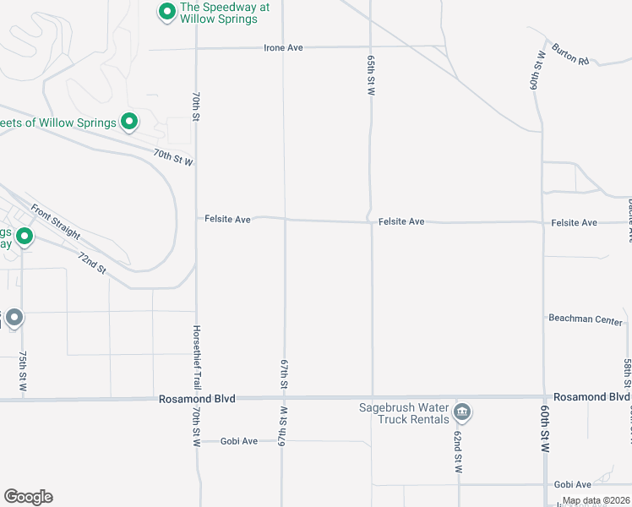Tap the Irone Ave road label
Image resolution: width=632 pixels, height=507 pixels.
coord(283,48)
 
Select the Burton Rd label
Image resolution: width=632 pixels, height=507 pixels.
coord(570,53)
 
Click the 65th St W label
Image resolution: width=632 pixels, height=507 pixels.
coord(371,76)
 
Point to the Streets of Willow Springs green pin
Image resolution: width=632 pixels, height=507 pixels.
coord(129,123)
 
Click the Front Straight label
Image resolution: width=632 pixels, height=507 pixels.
coord(56,222)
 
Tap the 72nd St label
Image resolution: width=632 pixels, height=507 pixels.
coord(91,263)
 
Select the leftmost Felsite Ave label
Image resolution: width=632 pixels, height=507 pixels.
coord(227,220)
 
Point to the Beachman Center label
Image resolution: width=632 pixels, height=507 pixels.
coord(586,321)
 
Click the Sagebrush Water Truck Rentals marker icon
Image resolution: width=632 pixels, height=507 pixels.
coord(461,412)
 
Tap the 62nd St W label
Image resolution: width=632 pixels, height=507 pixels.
coord(457,451)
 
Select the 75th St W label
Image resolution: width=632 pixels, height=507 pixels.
coord(23,373)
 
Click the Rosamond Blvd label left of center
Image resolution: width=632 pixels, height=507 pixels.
coord(196,398)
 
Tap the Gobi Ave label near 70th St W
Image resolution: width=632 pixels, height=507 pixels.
coord(238,441)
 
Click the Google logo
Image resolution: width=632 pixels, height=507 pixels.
coord(28,497)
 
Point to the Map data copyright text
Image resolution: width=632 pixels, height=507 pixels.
coord(595,500)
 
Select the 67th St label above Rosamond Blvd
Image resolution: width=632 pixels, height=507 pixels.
coord(285,373)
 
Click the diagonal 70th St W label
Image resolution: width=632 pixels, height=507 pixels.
coord(173,157)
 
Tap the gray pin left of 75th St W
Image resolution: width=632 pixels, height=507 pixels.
coord(14,318)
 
